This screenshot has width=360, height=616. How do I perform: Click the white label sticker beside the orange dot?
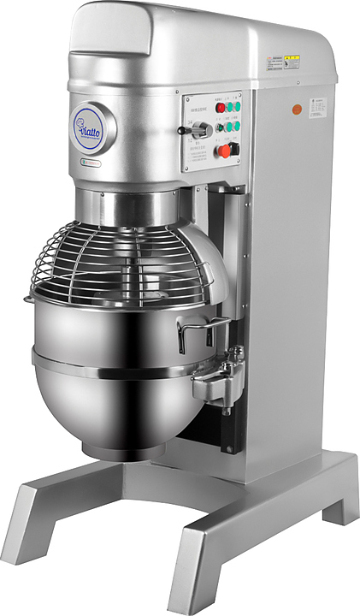pyautogui.click(x=319, y=106)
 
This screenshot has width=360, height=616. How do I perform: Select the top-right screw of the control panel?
pyautogui.click(x=240, y=95)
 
